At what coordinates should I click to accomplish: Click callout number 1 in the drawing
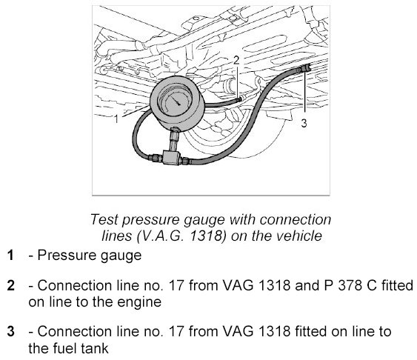click(116, 119)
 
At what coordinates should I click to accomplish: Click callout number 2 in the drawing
click(236, 60)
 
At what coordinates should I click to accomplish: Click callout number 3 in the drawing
click(304, 123)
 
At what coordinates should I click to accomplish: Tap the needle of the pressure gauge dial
click(175, 100)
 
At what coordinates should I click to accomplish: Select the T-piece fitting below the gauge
click(171, 157)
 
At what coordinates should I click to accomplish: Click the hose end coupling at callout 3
click(305, 69)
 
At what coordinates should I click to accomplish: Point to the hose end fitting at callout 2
click(240, 99)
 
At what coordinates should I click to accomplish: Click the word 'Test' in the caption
click(104, 219)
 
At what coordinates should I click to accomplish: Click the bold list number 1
click(10, 256)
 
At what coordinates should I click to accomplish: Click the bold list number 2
click(10, 285)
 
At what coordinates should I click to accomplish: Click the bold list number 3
click(10, 332)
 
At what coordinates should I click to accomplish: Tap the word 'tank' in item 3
click(95, 348)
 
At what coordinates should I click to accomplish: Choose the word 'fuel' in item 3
click(64, 348)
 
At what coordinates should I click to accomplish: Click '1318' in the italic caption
click(207, 236)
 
